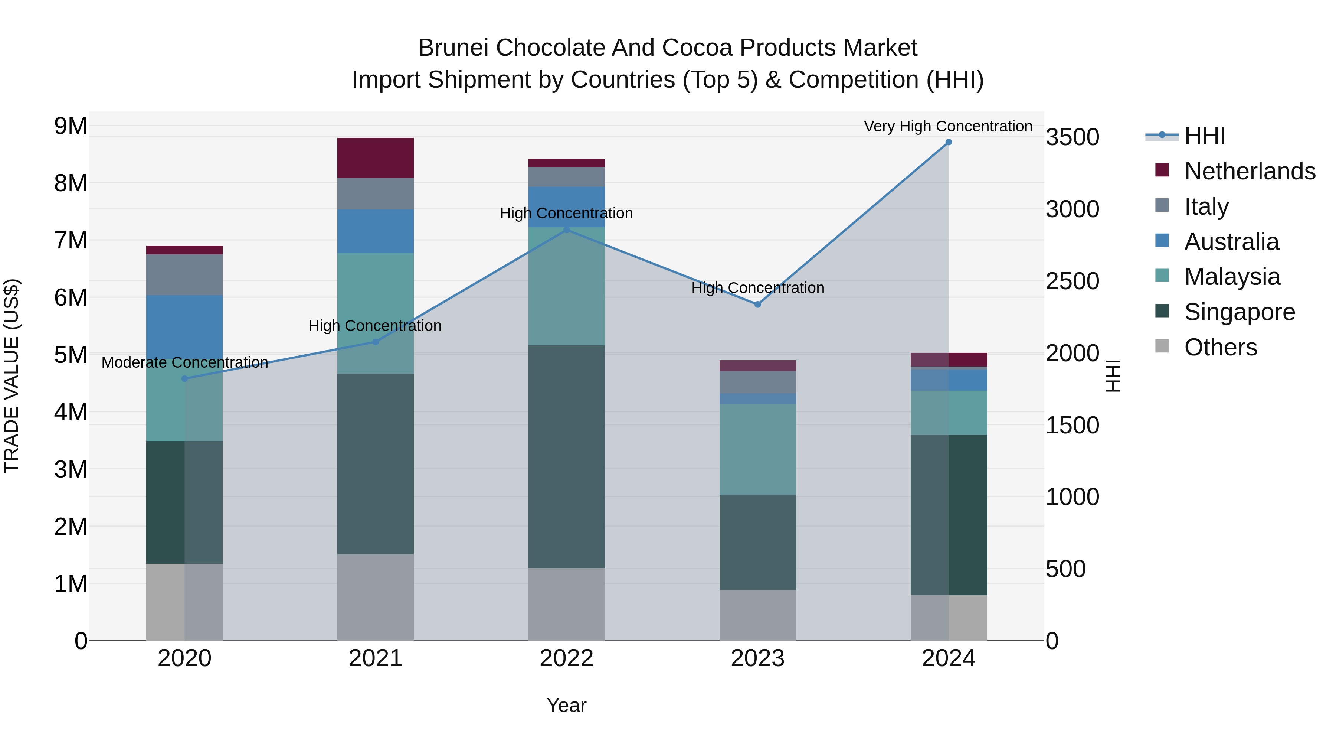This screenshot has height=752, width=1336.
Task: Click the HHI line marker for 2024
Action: pyautogui.click(x=949, y=142)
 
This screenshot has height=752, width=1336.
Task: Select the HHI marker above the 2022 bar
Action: pyautogui.click(x=566, y=229)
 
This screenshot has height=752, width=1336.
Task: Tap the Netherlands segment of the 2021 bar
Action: pyautogui.click(x=376, y=158)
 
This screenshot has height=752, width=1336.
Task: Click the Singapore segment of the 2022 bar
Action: pyautogui.click(x=566, y=457)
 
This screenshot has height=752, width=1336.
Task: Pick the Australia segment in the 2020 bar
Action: pyautogui.click(x=185, y=327)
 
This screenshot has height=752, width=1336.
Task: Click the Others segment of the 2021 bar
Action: pyautogui.click(x=376, y=597)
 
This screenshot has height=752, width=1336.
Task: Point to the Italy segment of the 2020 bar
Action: pyautogui.click(x=185, y=275)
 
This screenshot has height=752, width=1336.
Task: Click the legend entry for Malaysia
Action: pyautogui.click(x=1232, y=277)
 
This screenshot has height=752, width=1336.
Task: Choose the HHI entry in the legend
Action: pyautogui.click(x=1205, y=136)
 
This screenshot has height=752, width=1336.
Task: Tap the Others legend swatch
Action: pyautogui.click(x=1162, y=346)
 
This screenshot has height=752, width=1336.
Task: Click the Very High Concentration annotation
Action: pyautogui.click(x=948, y=126)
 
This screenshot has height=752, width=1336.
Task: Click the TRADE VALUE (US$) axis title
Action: pyautogui.click(x=12, y=376)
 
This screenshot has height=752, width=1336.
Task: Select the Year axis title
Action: pyautogui.click(x=566, y=705)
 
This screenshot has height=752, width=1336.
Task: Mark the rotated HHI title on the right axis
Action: pyautogui.click(x=1113, y=376)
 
